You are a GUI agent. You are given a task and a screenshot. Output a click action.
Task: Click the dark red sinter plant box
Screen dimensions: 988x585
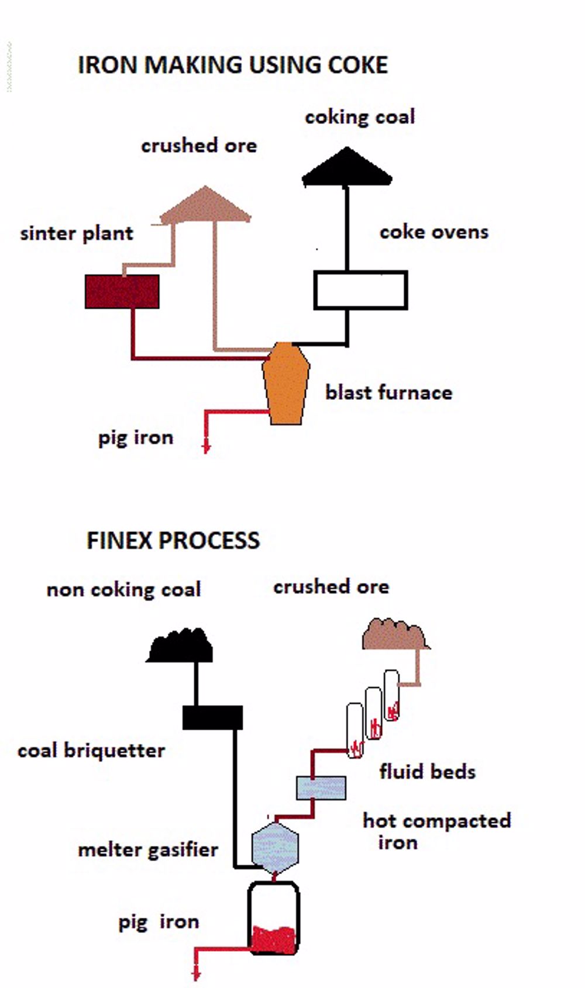122,291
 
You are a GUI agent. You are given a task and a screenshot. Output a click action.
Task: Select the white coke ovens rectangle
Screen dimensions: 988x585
360,290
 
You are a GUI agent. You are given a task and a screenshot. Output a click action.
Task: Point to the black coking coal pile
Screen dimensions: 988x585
347,168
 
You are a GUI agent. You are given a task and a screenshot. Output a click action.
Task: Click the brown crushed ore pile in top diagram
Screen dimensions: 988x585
205,206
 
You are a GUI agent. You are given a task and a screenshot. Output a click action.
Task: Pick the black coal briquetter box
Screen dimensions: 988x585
212,717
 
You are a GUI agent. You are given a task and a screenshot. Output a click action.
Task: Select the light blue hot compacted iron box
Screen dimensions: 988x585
321,787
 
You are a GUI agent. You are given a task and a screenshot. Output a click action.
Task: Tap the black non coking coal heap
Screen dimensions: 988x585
180,647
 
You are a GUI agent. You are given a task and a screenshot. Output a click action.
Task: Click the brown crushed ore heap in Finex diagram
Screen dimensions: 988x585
395,636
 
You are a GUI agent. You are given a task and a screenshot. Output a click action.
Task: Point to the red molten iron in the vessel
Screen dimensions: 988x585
273,939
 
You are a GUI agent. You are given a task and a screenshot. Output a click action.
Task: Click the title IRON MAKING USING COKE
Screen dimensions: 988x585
233,65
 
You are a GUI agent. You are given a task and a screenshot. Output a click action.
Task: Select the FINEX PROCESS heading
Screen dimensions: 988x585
173,540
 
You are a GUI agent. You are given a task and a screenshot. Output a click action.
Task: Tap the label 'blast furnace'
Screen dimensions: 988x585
388,392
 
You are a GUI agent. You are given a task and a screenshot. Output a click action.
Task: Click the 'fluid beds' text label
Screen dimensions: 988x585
427,772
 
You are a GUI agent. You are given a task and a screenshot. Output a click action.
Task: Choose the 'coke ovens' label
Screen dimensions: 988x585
433,232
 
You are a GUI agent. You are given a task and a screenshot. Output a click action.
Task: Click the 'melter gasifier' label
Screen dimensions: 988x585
148,849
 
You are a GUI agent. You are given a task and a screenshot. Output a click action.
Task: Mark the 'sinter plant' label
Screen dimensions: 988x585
77,234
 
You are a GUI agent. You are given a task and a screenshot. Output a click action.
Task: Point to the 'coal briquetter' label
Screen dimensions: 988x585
91,751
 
